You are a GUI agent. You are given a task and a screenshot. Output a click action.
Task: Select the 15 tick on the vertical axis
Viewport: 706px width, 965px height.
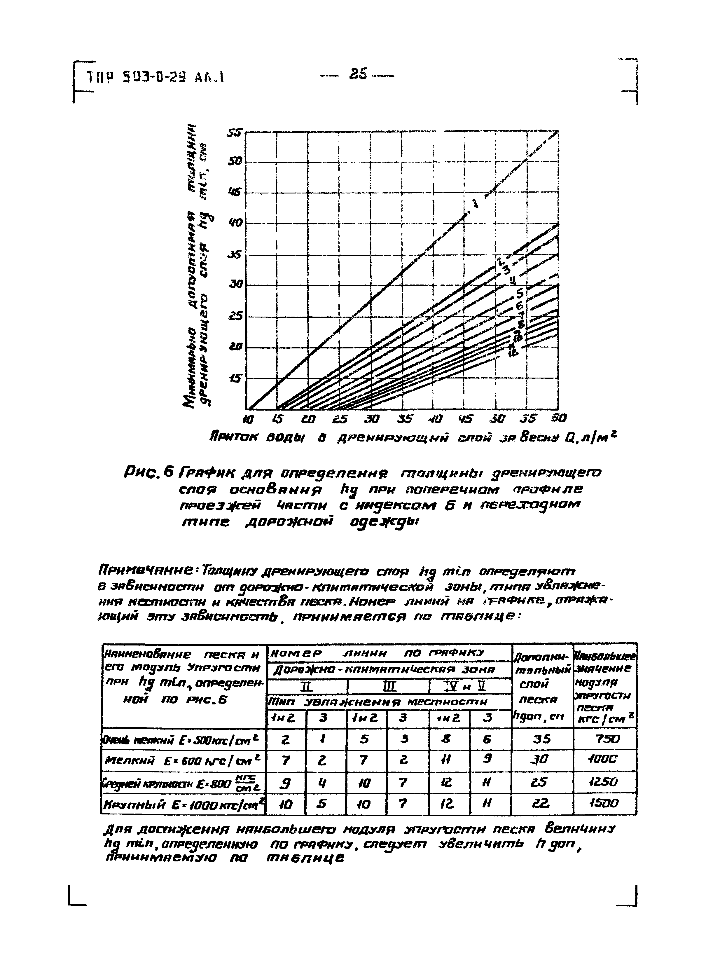[235, 379]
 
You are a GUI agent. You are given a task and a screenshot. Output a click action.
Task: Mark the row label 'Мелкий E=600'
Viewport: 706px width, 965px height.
[184, 760]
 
